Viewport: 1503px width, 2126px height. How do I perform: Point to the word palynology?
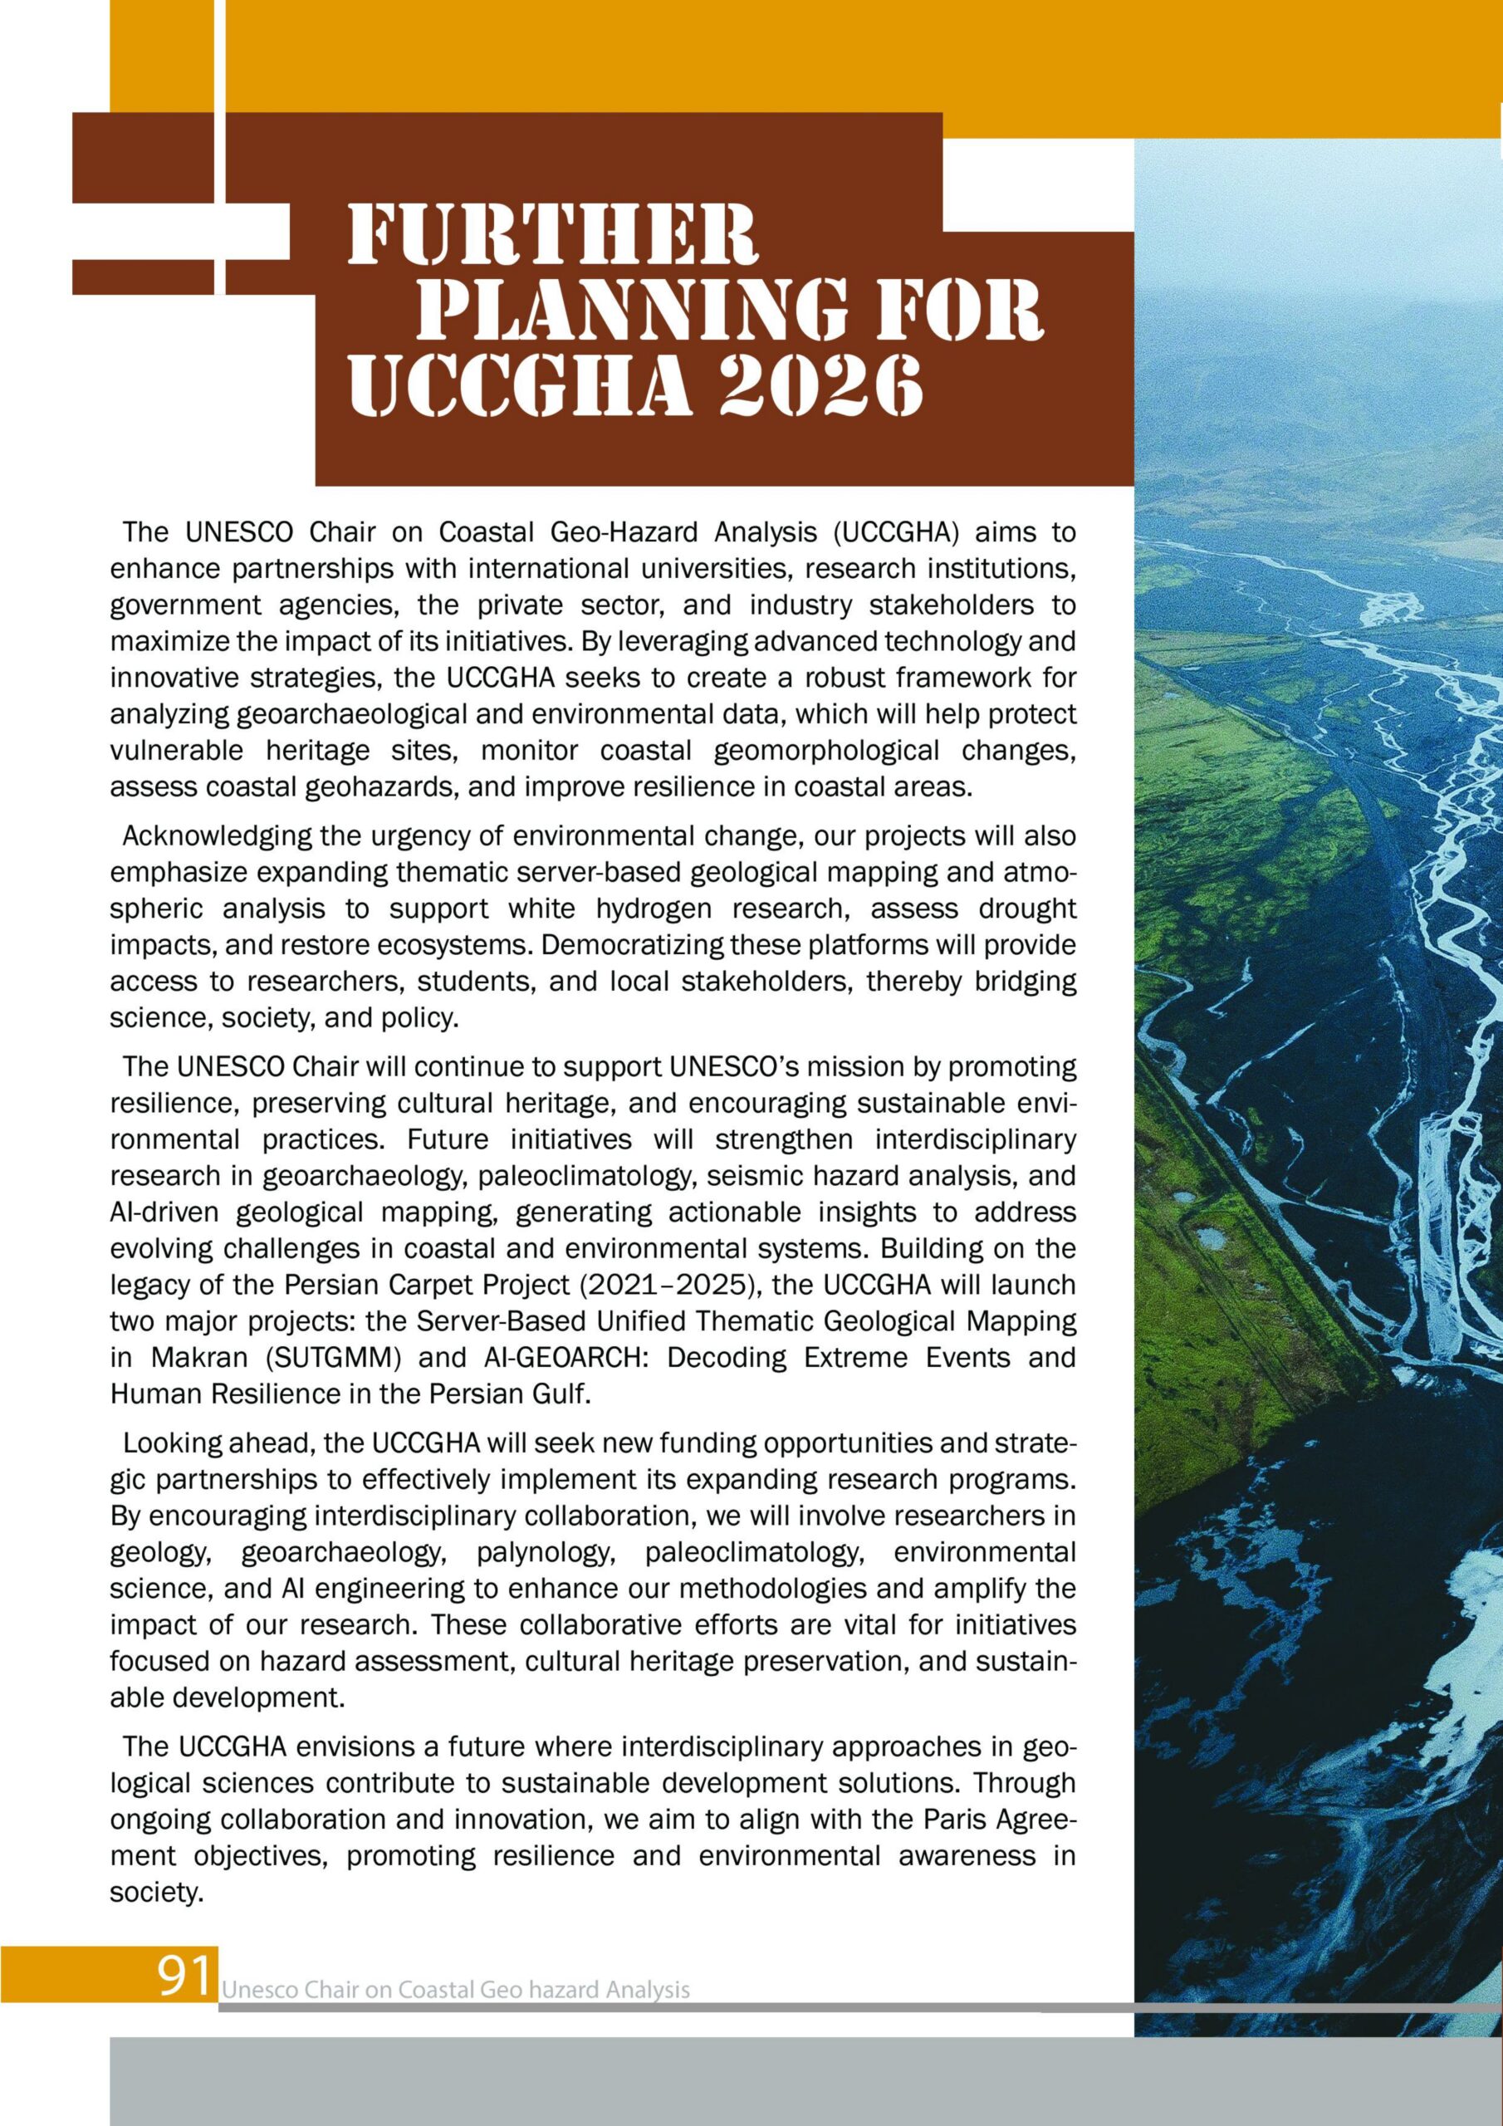point(553,1552)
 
